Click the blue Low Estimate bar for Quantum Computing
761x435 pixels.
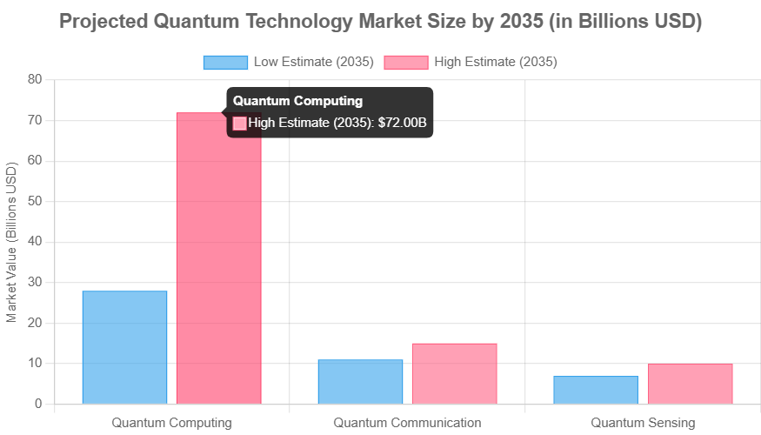[x=124, y=347]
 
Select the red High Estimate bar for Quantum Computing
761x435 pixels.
[x=219, y=261]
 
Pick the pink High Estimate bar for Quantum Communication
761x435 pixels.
[x=455, y=373]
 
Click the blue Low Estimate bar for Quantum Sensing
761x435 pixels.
[x=596, y=390]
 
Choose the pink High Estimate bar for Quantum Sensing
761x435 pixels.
[x=691, y=384]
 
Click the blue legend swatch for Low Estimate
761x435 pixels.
[x=224, y=62]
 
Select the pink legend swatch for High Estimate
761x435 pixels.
[x=405, y=62]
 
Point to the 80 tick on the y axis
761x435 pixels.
[x=35, y=79]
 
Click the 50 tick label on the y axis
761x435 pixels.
[x=35, y=201]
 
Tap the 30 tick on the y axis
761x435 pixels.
[x=35, y=282]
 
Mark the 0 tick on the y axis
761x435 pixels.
[x=38, y=404]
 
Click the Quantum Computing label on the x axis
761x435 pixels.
[x=171, y=423]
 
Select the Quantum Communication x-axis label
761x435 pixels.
[x=407, y=423]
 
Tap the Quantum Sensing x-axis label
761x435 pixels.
[x=643, y=423]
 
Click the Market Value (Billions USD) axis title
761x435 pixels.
[x=12, y=242]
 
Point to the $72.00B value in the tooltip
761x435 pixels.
[x=402, y=123]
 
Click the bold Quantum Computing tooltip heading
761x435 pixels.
[x=297, y=101]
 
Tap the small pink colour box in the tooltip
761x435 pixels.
[x=240, y=123]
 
